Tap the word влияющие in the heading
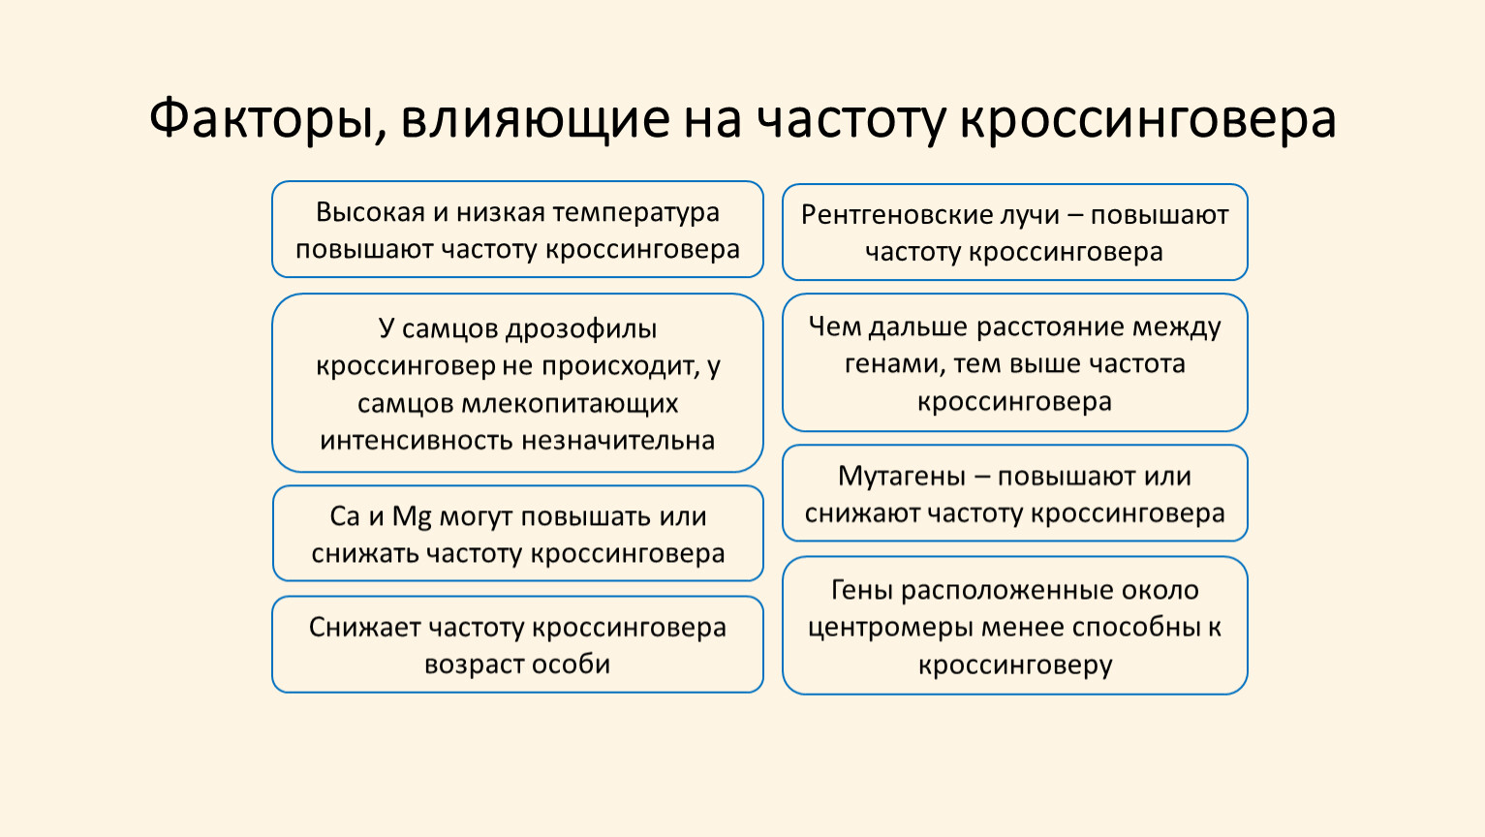tap(536, 120)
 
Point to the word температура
tap(635, 213)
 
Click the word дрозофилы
tap(581, 329)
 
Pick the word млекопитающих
tap(571, 403)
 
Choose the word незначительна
tap(618, 441)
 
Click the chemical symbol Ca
tap(345, 516)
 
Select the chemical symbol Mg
tap(412, 517)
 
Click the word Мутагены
tap(902, 477)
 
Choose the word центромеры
tap(890, 628)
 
